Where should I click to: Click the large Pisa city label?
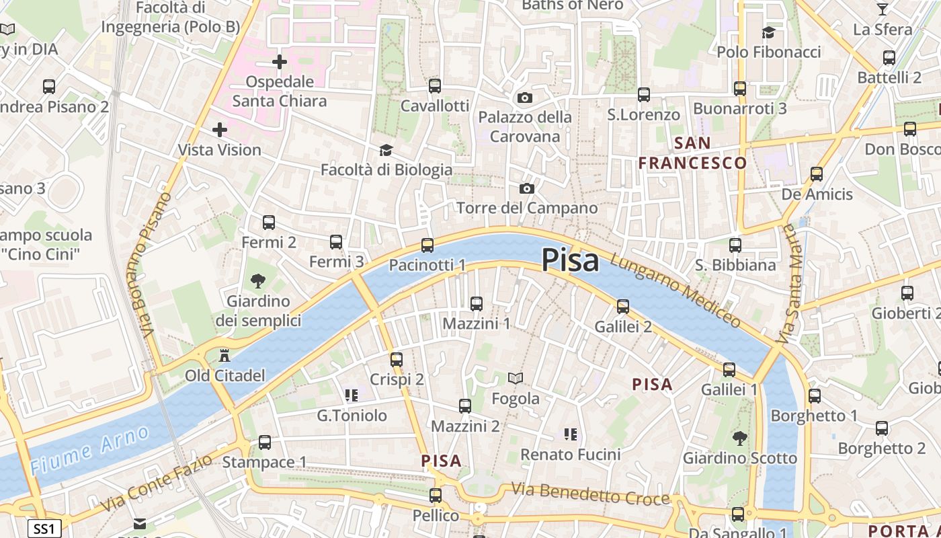point(570,260)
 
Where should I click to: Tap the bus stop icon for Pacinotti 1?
point(427,245)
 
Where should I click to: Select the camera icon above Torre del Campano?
point(527,188)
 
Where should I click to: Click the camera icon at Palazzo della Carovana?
point(525,98)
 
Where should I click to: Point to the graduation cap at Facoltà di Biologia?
point(386,149)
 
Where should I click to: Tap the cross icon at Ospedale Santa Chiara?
point(280,63)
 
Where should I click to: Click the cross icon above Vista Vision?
point(220,129)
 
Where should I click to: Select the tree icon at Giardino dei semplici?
point(257,281)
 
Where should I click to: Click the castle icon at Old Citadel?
point(224,355)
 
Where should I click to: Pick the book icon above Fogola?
point(516,379)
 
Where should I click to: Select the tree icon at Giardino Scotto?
point(739,438)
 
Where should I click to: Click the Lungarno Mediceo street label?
point(676,291)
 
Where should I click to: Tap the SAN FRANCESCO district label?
point(692,153)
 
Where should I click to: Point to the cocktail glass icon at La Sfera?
point(883,9)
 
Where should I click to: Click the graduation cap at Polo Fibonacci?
point(768,32)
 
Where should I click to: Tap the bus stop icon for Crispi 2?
point(397,360)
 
